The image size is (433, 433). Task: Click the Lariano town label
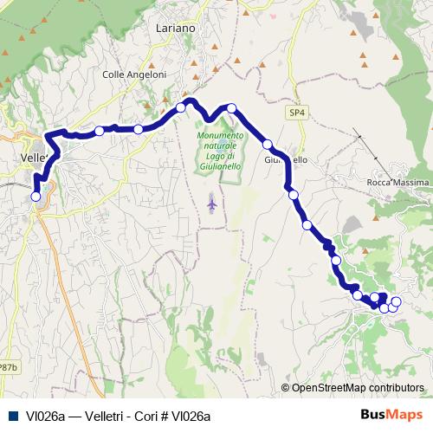(x=176, y=29)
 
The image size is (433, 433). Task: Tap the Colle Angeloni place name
(x=134, y=74)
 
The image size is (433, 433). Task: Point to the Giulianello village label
(x=285, y=160)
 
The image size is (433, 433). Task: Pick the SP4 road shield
(x=298, y=113)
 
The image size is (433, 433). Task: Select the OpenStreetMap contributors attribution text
(x=358, y=388)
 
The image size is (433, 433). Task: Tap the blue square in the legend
(x=12, y=416)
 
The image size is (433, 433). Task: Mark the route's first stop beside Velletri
(x=36, y=197)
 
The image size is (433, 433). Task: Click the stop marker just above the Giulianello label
(x=268, y=144)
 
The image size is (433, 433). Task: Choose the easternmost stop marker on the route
(x=397, y=301)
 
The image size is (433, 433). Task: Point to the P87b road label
(x=8, y=367)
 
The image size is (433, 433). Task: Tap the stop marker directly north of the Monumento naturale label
(x=231, y=107)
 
